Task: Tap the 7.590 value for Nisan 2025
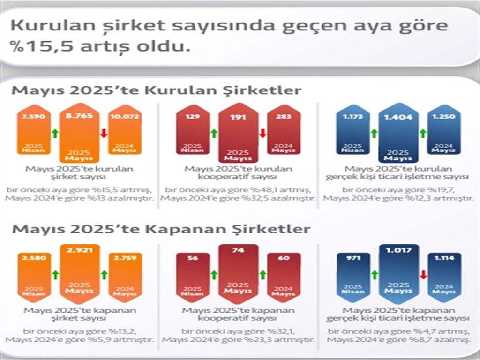point(33,116)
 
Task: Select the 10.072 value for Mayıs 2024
point(124,116)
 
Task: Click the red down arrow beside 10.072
point(104,133)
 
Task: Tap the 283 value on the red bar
point(284,116)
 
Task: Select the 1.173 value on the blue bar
point(352,116)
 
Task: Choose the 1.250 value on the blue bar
point(443,116)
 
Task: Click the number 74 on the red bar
point(238,251)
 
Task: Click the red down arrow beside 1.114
point(423,275)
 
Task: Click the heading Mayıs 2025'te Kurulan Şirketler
point(157,90)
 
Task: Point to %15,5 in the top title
point(40,47)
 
